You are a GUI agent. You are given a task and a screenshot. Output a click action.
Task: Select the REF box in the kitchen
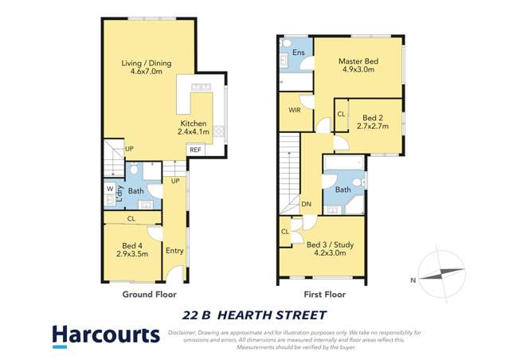[194, 149]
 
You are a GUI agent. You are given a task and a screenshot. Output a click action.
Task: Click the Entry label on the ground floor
[174, 251]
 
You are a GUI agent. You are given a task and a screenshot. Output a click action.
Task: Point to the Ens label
[299, 53]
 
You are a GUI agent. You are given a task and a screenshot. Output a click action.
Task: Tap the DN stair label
[306, 205]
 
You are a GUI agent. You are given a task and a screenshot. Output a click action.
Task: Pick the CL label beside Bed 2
[341, 114]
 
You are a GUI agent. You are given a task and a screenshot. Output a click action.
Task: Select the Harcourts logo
[106, 335]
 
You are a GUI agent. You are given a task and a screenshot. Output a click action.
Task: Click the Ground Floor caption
[149, 294]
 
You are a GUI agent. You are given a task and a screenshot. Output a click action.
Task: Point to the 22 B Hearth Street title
[254, 315]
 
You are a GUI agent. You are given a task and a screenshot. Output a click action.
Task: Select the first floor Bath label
[343, 190]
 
